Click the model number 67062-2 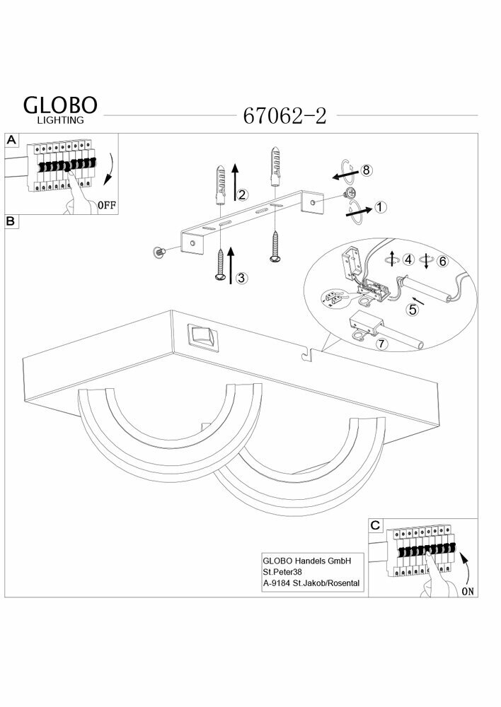coord(284,116)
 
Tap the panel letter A coord(11,140)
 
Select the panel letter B coord(11,221)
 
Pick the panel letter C coord(375,525)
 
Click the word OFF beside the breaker coord(106,206)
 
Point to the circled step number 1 coord(381,207)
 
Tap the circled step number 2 coord(242,194)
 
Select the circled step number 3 coord(242,278)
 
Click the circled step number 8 coord(366,170)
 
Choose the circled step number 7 coord(381,344)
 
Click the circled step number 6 coord(443,261)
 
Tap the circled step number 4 coord(408,260)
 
